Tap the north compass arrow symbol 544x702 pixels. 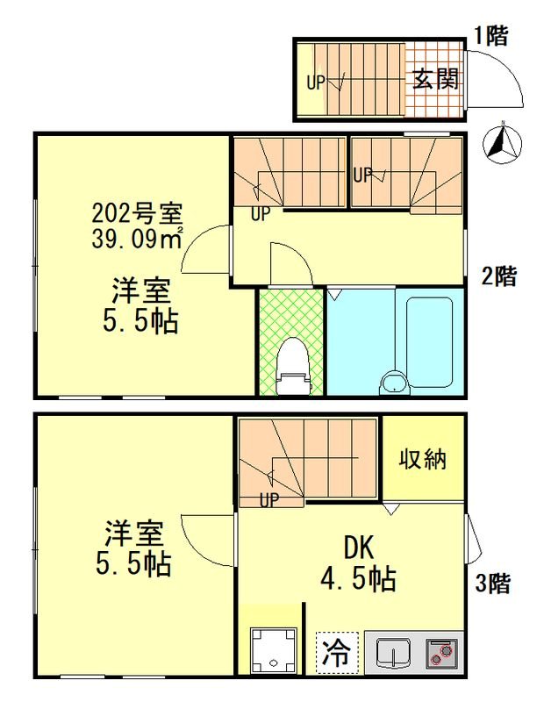coord(503,143)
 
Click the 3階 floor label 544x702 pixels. coord(492,583)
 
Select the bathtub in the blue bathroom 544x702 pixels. coord(425,342)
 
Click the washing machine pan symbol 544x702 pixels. coord(272,649)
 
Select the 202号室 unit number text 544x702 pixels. coord(137,213)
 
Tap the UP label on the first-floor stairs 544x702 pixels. coord(316,83)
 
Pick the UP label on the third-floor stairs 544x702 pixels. coord(271,500)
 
